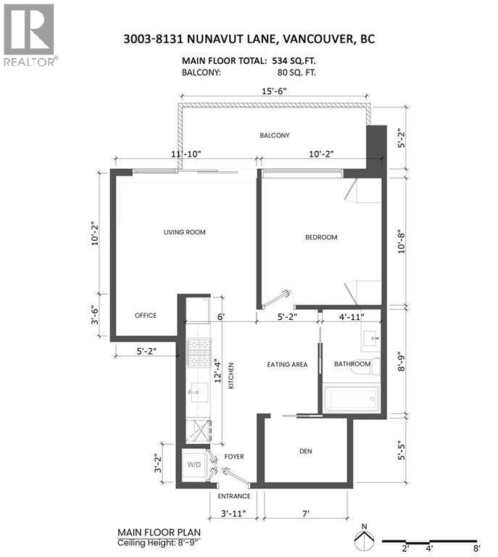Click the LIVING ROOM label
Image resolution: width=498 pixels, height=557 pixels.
[x=184, y=232]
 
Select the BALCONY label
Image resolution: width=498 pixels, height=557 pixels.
[x=275, y=136]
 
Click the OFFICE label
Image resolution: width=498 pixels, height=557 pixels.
[x=145, y=315]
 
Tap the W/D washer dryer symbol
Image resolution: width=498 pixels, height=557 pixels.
[x=195, y=465]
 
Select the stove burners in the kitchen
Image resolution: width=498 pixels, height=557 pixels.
[x=199, y=352]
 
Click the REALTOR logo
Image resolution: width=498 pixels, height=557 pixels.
[x=30, y=33]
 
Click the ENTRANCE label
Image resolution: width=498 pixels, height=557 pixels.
[x=234, y=496]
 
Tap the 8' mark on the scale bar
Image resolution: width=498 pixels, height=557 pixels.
[x=476, y=549]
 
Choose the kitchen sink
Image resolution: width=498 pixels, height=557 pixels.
[x=196, y=392]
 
